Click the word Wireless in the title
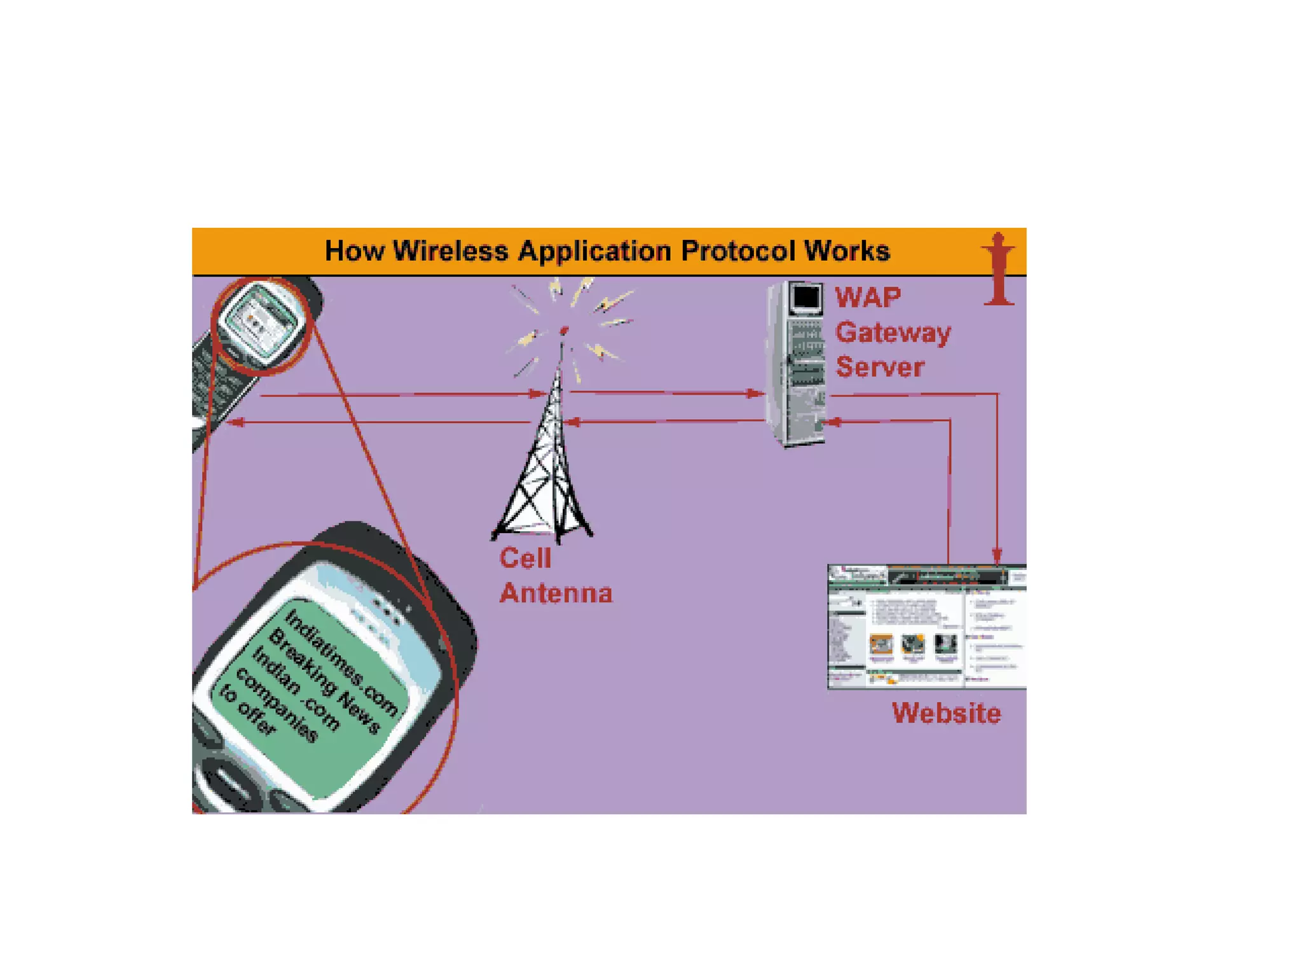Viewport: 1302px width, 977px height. [x=451, y=251]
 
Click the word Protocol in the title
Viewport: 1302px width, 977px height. [x=737, y=251]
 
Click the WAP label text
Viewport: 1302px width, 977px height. [x=868, y=298]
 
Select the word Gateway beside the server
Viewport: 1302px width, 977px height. [x=893, y=333]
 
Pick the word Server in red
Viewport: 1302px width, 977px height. [x=879, y=367]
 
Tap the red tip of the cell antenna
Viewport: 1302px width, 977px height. [x=563, y=330]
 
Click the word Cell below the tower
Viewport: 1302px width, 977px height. [x=525, y=558]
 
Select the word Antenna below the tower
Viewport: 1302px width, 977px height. [x=556, y=593]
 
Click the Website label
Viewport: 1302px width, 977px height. [x=946, y=713]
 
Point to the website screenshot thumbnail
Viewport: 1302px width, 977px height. [x=926, y=627]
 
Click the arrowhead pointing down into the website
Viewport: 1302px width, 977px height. [x=997, y=557]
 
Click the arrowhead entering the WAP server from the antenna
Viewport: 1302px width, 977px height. [x=755, y=394]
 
